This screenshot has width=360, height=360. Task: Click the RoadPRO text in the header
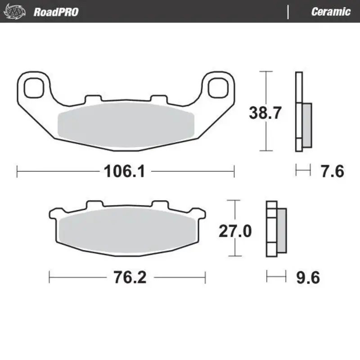click(x=56, y=12)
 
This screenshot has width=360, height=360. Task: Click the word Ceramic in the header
click(x=331, y=12)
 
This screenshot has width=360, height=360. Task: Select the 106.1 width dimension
click(x=124, y=171)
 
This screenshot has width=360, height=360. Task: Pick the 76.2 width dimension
click(x=127, y=278)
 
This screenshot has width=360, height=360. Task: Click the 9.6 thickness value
click(x=308, y=278)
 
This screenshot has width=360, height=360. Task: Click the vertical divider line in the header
click(x=288, y=12)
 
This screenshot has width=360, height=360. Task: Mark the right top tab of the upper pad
click(x=158, y=98)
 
